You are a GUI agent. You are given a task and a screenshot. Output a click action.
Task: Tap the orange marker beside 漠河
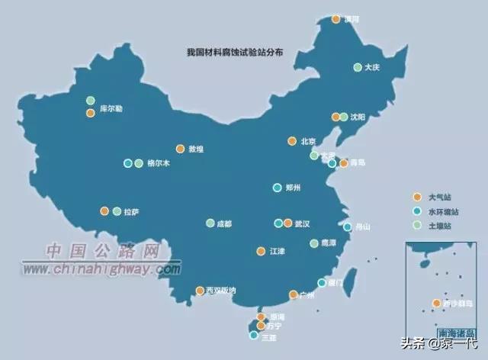pyautogui.click(x=335, y=19)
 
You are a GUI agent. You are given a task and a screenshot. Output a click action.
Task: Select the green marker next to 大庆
pyautogui.click(x=358, y=67)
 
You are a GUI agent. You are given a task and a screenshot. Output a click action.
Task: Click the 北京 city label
pyautogui.click(x=308, y=141)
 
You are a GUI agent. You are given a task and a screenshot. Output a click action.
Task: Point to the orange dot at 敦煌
pyautogui.click(x=180, y=149)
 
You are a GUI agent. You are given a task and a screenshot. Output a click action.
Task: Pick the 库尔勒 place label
pyautogui.click(x=111, y=110)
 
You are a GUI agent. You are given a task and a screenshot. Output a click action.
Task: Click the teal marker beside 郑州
pyautogui.click(x=278, y=188)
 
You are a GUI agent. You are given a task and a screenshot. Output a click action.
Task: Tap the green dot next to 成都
pyautogui.click(x=210, y=223)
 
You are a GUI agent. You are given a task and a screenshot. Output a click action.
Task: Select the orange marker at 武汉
pyautogui.click(x=287, y=223)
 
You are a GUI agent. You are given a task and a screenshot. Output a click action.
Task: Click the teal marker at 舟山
pyautogui.click(x=348, y=227)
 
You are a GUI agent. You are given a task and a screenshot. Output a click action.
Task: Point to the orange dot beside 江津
pyautogui.click(x=261, y=251)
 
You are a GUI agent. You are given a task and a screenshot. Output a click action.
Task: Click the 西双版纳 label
pyautogui.click(x=222, y=291)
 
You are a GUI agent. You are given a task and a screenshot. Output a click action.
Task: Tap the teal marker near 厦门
pyautogui.click(x=322, y=283)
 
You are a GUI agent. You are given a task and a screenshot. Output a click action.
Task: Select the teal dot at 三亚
pyautogui.click(x=254, y=335)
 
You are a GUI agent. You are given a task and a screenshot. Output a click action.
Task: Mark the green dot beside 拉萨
pyautogui.click(x=117, y=211)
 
